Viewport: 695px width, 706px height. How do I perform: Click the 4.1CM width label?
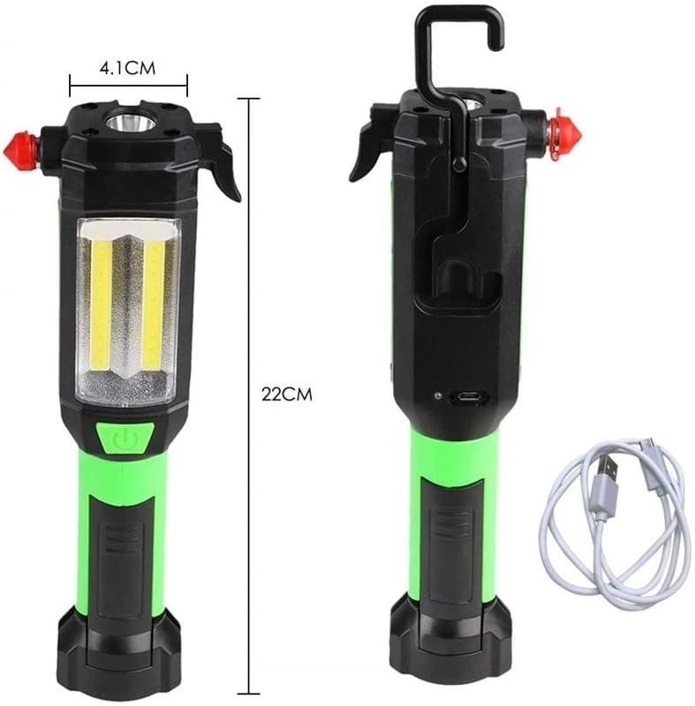127,68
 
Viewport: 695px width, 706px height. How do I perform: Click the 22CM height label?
286,394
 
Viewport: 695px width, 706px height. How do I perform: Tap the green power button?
123,438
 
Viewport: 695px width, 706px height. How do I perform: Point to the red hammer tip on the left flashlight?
20,151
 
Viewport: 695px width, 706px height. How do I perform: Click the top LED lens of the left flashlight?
131,123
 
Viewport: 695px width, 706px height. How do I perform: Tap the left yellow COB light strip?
102,304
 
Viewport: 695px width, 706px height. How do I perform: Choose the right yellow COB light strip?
154,304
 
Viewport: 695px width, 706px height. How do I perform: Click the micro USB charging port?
468,398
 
